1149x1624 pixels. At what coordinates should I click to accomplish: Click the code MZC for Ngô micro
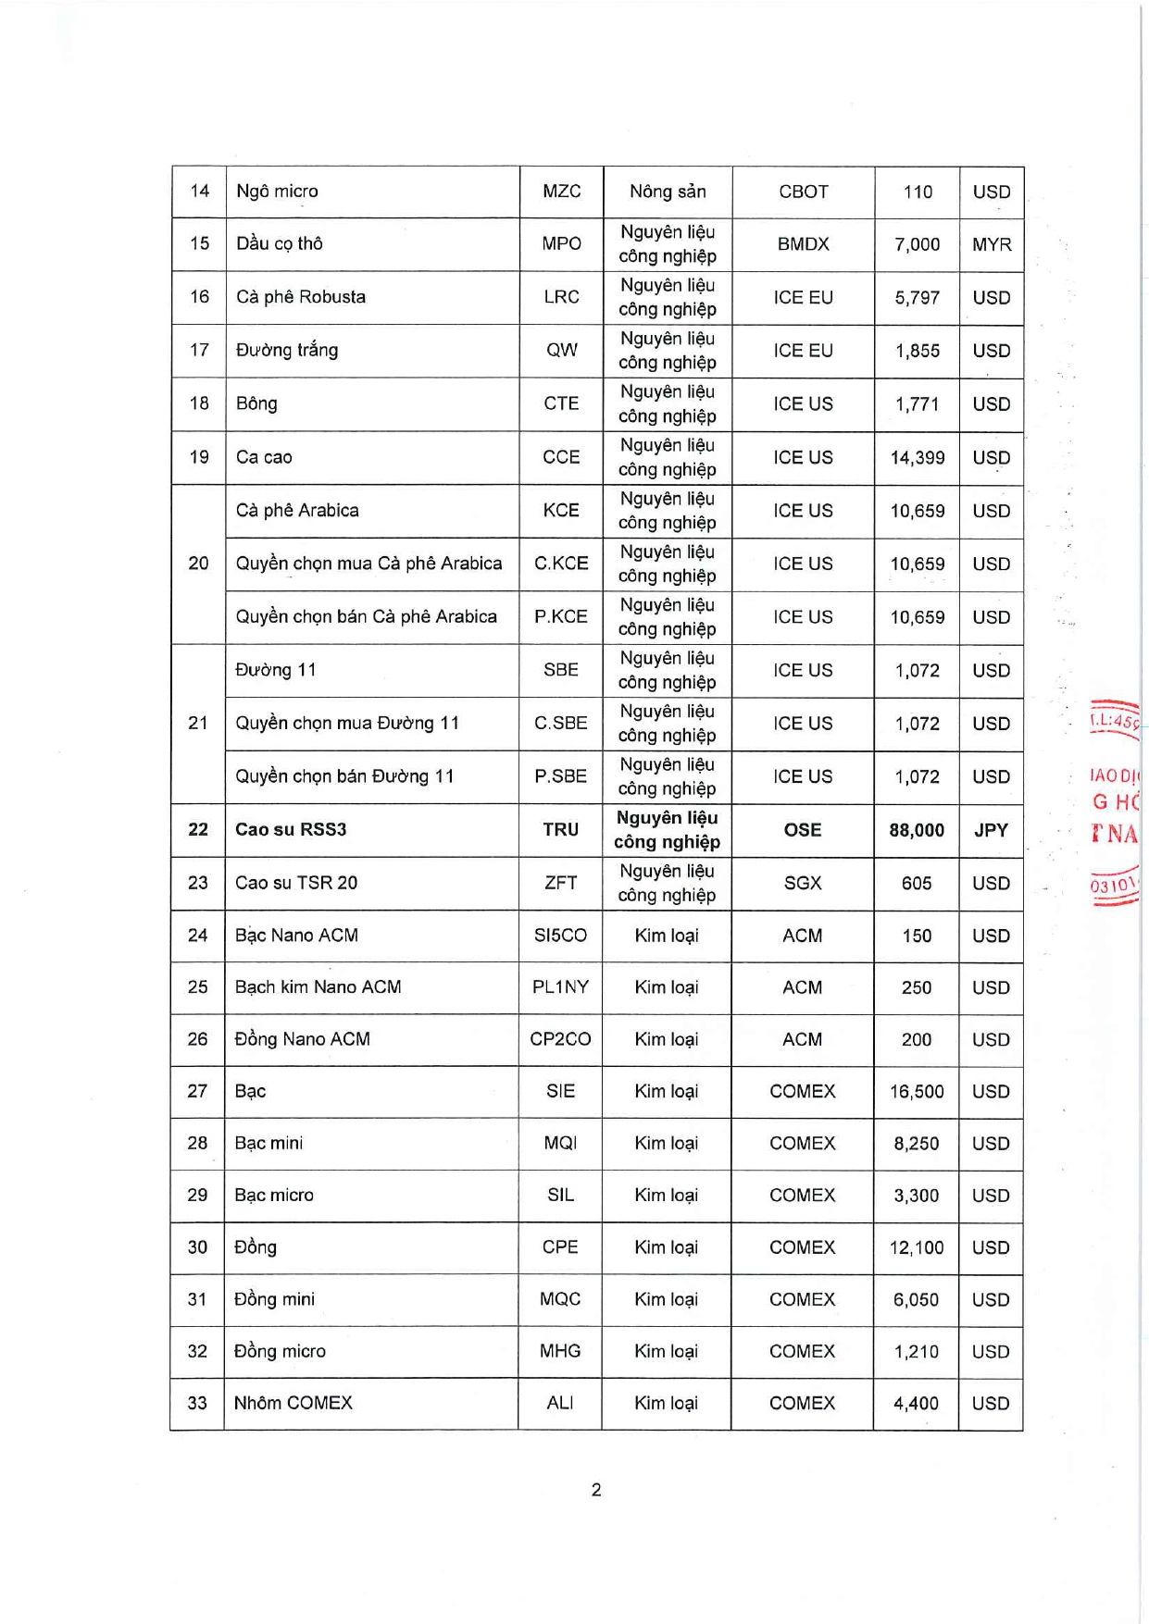point(561,192)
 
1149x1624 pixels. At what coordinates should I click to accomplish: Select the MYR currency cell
point(991,244)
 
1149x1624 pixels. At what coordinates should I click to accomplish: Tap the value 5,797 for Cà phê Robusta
point(917,298)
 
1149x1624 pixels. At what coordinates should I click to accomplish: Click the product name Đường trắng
point(287,350)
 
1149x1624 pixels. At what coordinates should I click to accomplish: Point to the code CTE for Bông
point(561,403)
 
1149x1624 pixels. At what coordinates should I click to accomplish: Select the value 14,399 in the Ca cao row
point(917,457)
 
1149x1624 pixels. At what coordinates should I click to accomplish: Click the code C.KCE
point(561,564)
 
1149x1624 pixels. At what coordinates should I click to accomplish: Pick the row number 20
point(198,564)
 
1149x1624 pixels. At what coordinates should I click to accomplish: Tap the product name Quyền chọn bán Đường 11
point(344,776)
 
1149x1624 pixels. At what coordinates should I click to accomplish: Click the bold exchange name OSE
point(803,830)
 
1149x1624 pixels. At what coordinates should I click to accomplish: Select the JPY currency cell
point(991,830)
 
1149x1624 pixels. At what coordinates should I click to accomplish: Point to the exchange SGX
point(803,883)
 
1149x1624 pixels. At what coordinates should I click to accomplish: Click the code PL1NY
point(560,987)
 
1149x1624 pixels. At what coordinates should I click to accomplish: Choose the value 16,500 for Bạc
point(917,1092)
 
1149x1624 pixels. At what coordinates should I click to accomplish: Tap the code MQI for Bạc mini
point(560,1144)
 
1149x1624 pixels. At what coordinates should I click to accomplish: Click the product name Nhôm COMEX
point(293,1403)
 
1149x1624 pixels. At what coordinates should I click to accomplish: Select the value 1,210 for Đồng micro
point(916,1352)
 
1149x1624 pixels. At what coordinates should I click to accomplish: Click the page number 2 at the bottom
point(596,1490)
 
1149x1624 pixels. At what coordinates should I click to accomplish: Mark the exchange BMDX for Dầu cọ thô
point(803,244)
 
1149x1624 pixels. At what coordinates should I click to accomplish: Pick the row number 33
point(197,1403)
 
